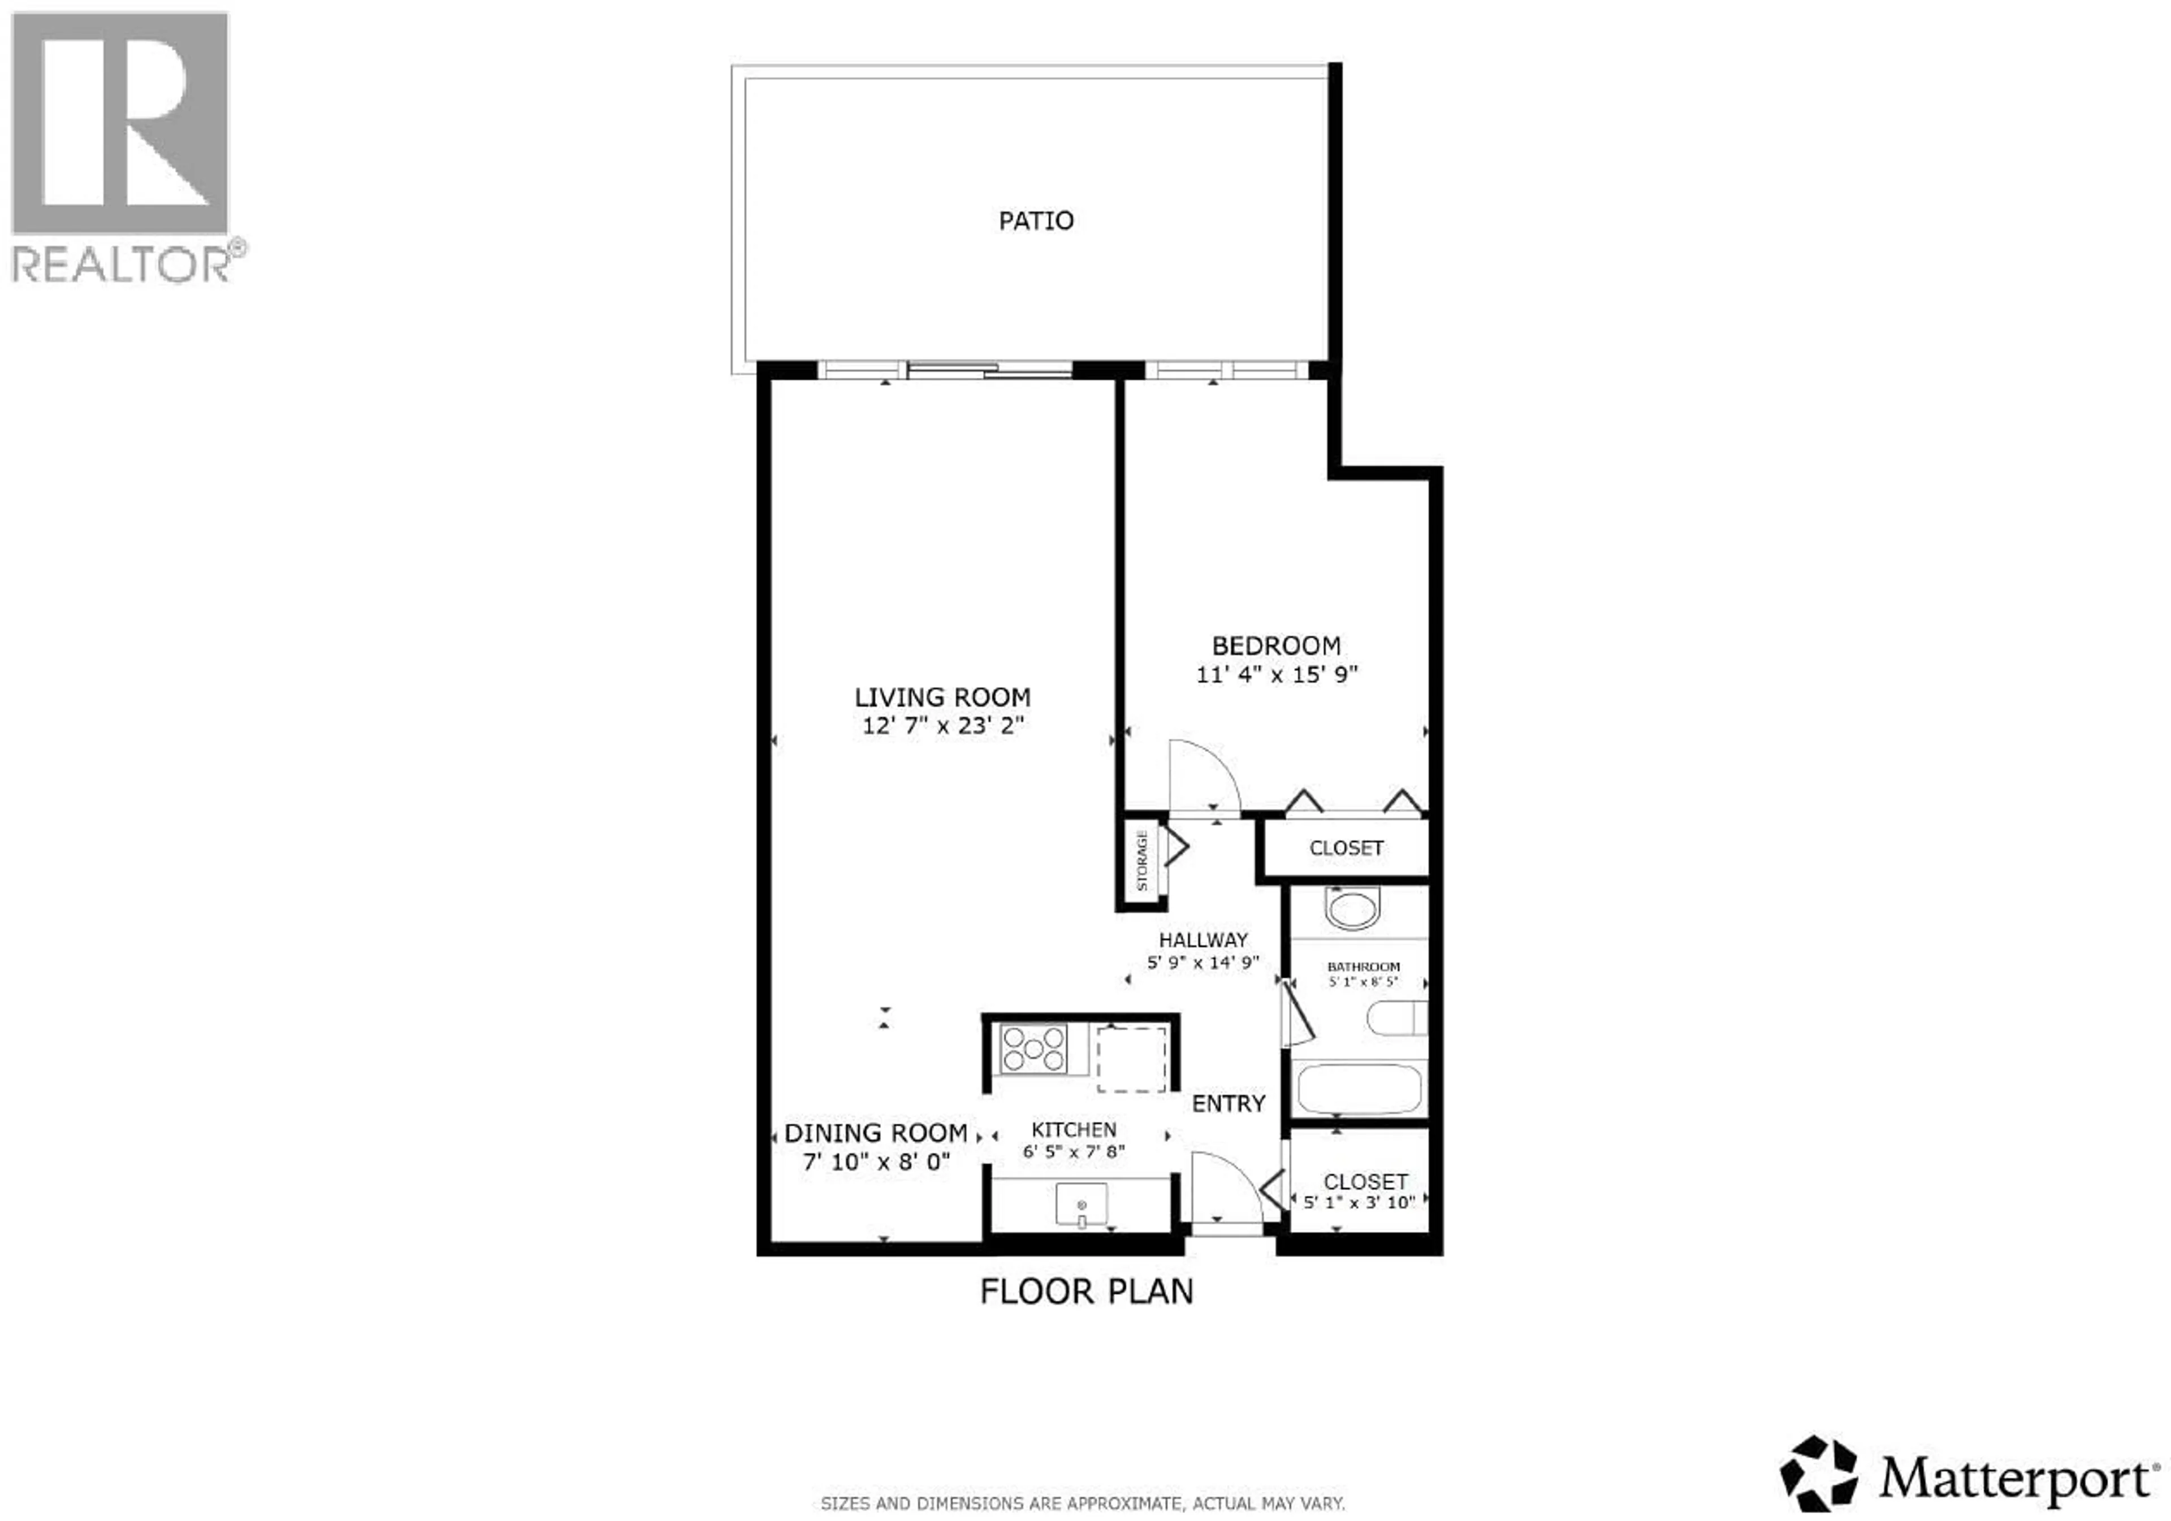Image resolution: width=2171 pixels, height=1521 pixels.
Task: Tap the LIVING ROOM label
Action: (x=942, y=697)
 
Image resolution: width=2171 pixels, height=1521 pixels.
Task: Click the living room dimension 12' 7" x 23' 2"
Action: (x=942, y=726)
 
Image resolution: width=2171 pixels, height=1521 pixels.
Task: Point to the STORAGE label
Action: (x=1142, y=860)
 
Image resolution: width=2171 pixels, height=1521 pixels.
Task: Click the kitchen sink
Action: (x=1082, y=1205)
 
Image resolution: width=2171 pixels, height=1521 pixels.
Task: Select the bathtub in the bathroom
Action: (x=1359, y=1090)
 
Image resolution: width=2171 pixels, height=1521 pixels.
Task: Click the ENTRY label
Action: (x=1229, y=1104)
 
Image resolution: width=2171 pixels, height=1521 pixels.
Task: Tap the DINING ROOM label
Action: (x=876, y=1133)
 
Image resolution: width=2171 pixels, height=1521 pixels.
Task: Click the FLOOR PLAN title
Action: (x=1087, y=1292)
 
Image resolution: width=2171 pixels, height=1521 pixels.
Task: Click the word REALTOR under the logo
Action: (x=120, y=264)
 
